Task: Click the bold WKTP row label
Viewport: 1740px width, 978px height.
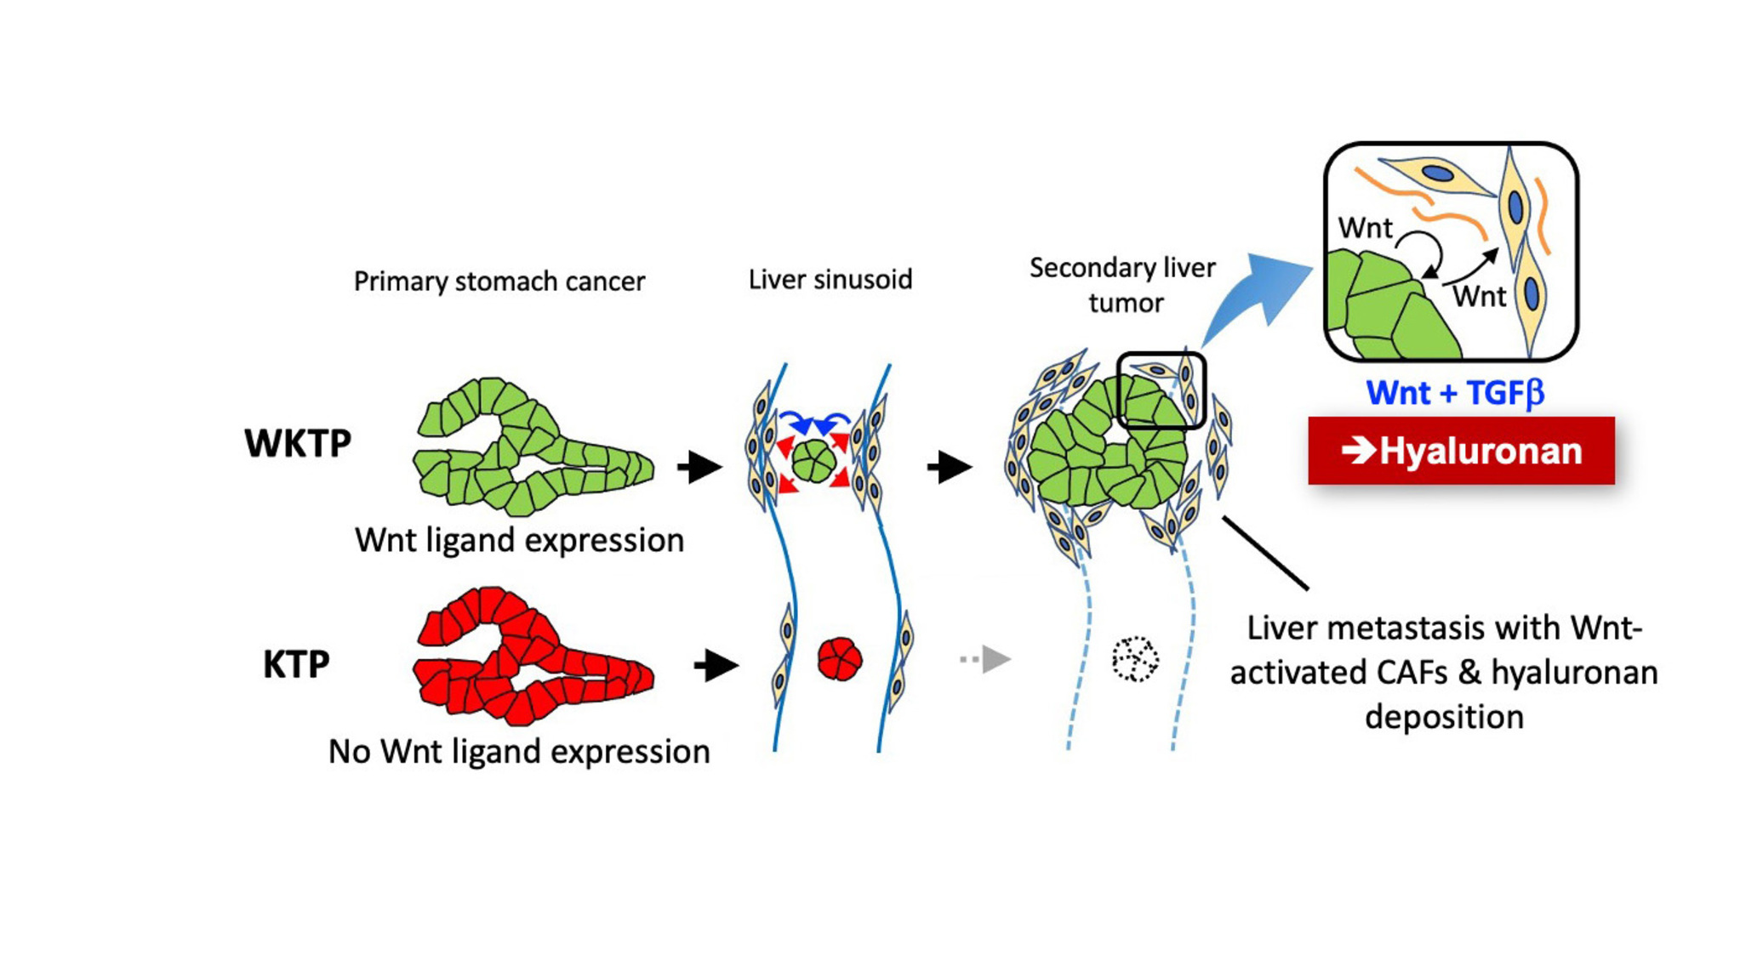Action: pyautogui.click(x=297, y=443)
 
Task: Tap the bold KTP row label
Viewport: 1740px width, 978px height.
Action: pyautogui.click(x=295, y=664)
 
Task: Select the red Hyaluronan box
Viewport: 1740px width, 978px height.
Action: pyautogui.click(x=1461, y=451)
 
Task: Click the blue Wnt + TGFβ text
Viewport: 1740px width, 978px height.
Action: pyautogui.click(x=1454, y=393)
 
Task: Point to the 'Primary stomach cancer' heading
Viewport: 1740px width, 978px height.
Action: pyautogui.click(x=499, y=281)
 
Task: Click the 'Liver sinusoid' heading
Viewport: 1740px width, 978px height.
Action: pyautogui.click(x=830, y=279)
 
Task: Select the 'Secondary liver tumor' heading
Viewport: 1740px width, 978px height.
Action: pyautogui.click(x=1122, y=285)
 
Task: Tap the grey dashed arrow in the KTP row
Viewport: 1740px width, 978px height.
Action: pyautogui.click(x=985, y=659)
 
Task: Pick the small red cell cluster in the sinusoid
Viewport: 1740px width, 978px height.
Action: pyautogui.click(x=840, y=659)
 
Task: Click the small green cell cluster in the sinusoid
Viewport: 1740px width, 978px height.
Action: pyautogui.click(x=813, y=461)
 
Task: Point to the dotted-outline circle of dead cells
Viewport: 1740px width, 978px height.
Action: pyautogui.click(x=1135, y=659)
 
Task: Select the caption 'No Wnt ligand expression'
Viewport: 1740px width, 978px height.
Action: pyautogui.click(x=519, y=752)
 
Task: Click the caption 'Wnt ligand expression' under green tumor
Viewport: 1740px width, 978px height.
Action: pyautogui.click(x=519, y=540)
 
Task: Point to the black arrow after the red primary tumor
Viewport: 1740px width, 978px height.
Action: pyautogui.click(x=716, y=666)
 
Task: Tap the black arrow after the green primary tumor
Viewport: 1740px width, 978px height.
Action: pyautogui.click(x=699, y=467)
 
